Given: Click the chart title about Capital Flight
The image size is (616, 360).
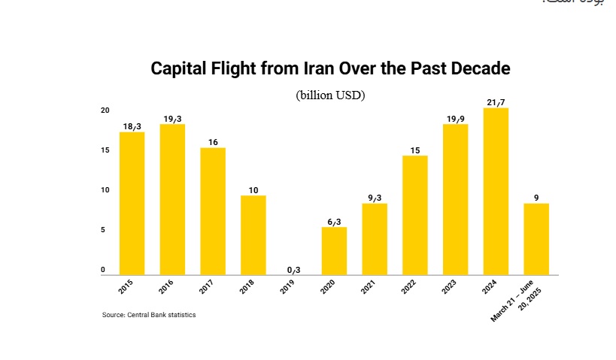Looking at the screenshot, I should tap(331, 68).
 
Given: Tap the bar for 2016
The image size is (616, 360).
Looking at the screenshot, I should tap(172, 199).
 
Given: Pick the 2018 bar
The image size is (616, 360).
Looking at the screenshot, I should tap(253, 234).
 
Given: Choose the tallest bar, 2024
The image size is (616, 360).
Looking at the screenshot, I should tap(496, 192).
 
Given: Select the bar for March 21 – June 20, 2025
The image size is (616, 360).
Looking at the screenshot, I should tap(536, 238).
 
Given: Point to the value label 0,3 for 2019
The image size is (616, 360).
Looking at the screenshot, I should tap(294, 269).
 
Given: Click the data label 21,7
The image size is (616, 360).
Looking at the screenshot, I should tap(496, 101).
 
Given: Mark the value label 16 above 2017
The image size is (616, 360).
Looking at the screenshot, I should tap(213, 141).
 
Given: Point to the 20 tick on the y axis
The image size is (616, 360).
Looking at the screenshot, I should tap(105, 110).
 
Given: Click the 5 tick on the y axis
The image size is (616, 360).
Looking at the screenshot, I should tap(106, 230).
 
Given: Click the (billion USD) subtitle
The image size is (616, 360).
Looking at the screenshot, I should tap(330, 95).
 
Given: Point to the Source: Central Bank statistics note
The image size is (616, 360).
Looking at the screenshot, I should tap(149, 315).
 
